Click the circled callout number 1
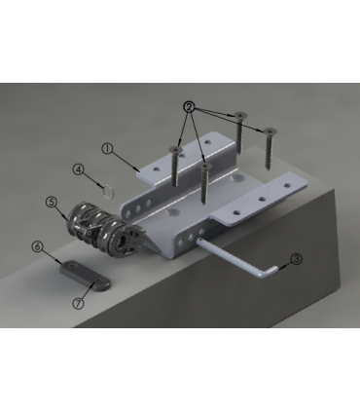point(108,149)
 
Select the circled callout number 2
point(189,107)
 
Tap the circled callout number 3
point(296,259)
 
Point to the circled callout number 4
point(78,169)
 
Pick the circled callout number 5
point(52,202)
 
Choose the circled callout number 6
point(38,246)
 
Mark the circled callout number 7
point(78,303)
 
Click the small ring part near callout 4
point(109,191)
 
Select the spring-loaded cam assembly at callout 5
point(104,229)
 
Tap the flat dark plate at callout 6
point(85,275)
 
